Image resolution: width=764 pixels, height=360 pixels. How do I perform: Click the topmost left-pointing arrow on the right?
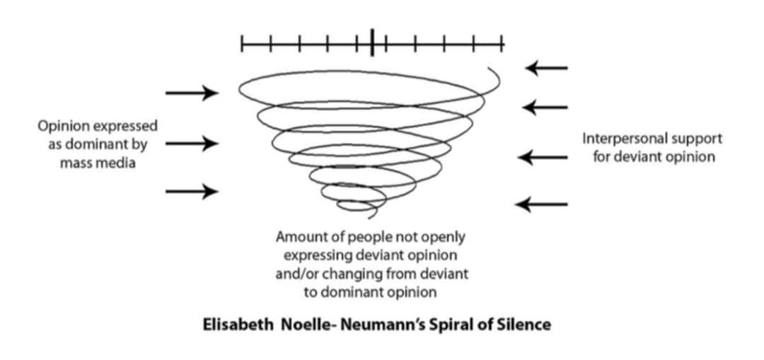(545, 68)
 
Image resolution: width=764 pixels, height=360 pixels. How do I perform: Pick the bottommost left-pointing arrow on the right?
(541, 204)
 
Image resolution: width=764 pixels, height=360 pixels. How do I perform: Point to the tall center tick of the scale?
(372, 42)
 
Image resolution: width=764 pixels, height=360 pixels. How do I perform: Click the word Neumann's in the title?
(382, 325)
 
